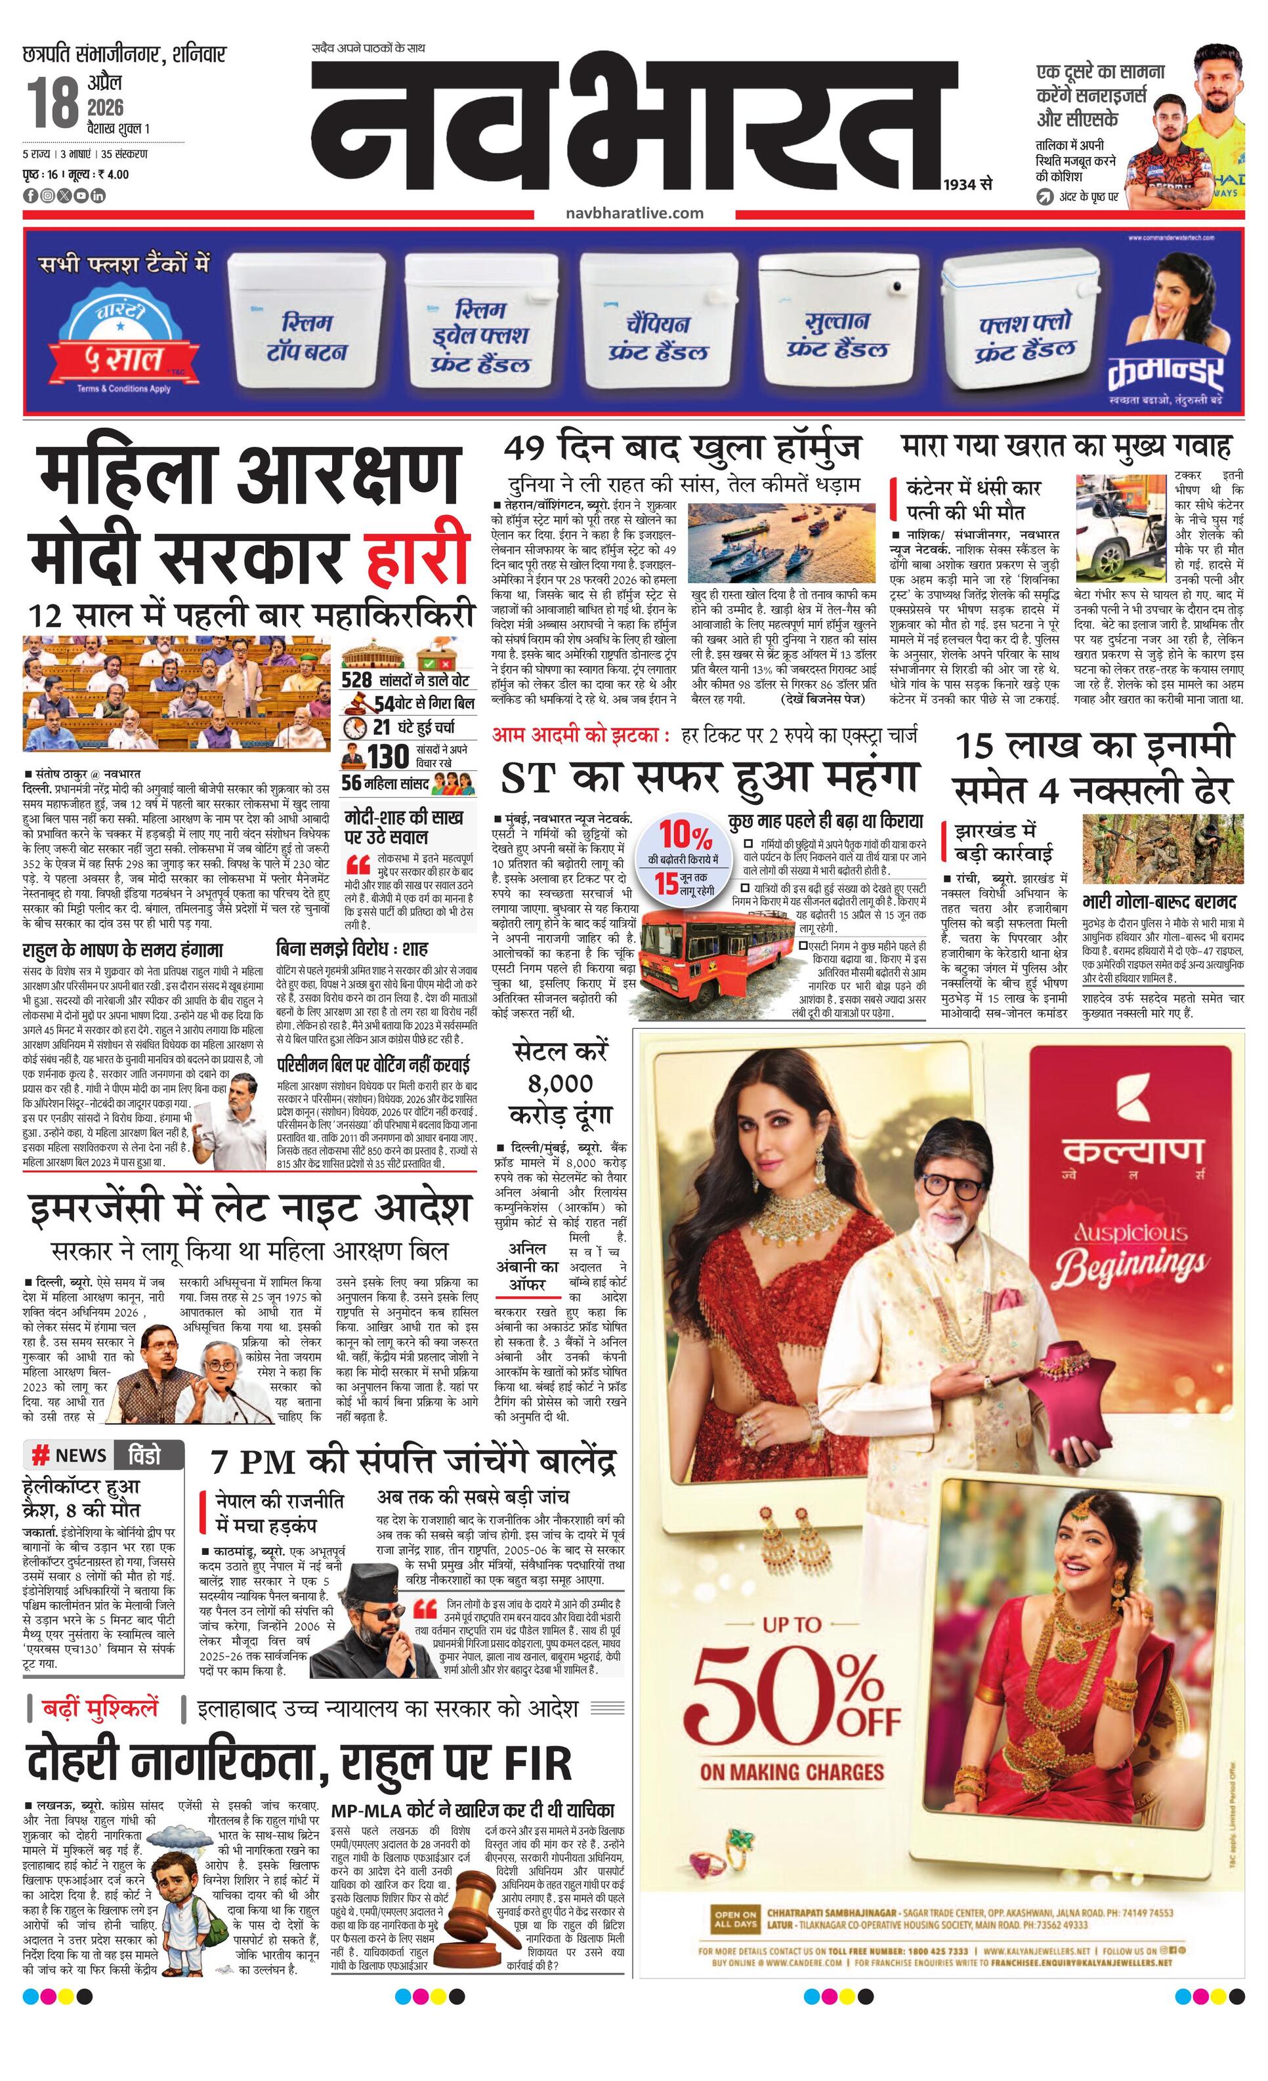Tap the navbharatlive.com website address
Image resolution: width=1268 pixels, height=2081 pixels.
click(x=635, y=213)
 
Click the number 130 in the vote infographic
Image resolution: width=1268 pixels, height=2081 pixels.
click(x=388, y=756)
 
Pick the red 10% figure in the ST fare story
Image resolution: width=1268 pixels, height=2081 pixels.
click(x=685, y=835)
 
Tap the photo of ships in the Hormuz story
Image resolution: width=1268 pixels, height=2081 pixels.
click(x=770, y=543)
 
